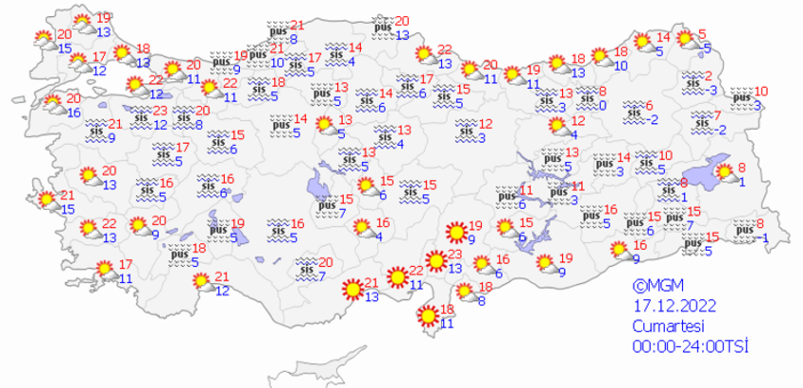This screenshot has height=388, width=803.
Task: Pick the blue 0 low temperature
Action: (x=601, y=104)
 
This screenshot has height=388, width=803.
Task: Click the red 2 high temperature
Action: (x=709, y=78)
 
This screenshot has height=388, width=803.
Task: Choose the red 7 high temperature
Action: (x=718, y=115)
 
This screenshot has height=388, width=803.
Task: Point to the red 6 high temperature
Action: (x=648, y=105)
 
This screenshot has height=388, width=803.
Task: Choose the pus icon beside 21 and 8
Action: (x=275, y=30)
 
